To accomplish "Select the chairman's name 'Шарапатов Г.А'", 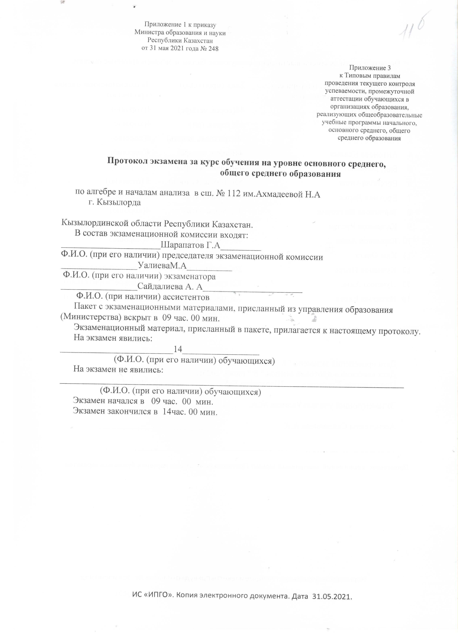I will tap(190, 246).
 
